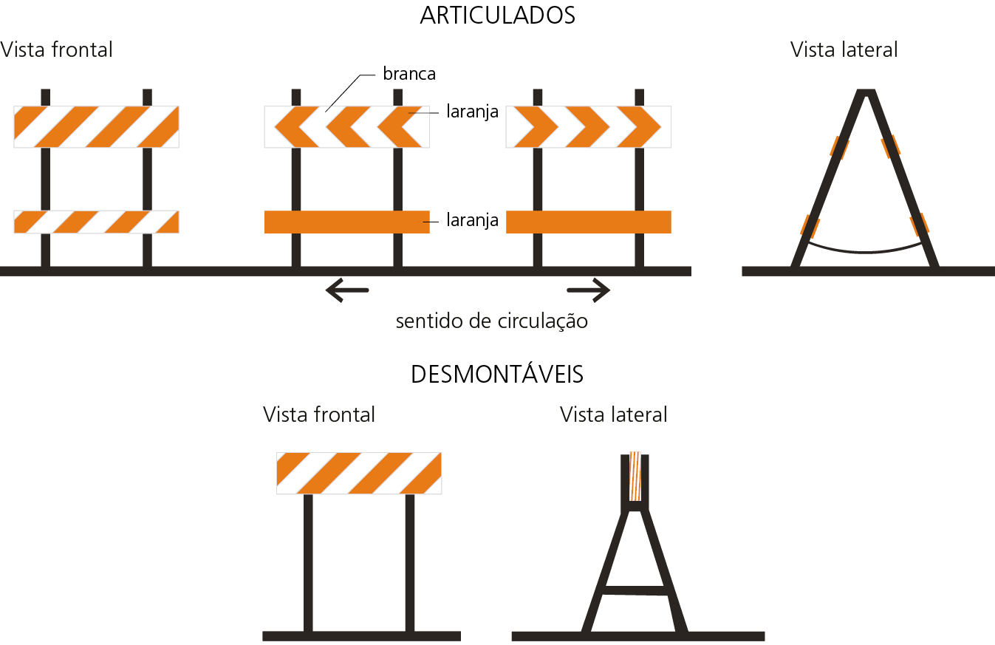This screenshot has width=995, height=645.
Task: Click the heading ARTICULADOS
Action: click(497, 16)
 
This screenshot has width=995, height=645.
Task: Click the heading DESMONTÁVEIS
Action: click(497, 375)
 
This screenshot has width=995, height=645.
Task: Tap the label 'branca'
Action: click(409, 74)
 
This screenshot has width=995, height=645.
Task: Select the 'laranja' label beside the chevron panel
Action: click(473, 112)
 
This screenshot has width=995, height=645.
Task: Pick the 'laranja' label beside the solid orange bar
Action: click(473, 220)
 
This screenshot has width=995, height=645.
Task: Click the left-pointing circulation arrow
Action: click(346, 290)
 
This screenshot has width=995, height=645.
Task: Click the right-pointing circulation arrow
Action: click(589, 290)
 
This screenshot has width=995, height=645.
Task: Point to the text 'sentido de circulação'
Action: click(492, 321)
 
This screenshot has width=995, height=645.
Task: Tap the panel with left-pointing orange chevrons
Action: click(346, 126)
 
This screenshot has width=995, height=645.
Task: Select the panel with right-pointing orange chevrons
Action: click(588, 126)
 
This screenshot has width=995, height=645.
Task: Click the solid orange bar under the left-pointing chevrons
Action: click(346, 222)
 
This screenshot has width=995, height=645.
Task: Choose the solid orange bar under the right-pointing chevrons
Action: click(588, 222)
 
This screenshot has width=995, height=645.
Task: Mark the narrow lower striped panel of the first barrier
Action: click(96, 222)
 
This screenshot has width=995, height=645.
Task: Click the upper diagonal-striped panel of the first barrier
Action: click(96, 126)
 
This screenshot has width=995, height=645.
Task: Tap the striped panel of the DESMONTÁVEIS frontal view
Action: click(359, 473)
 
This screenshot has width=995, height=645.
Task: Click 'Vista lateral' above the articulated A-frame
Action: click(844, 50)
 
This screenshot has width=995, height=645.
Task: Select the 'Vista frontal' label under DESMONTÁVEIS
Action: click(319, 414)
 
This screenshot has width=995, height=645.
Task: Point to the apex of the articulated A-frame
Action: click(865, 93)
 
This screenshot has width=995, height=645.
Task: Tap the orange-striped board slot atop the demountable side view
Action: click(635, 477)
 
